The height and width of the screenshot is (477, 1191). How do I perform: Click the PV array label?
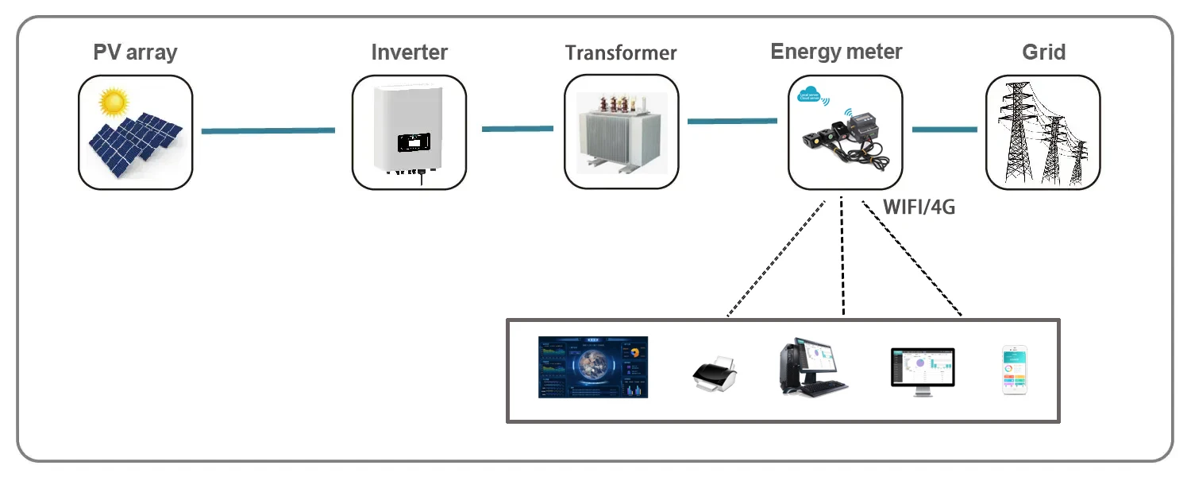click(135, 52)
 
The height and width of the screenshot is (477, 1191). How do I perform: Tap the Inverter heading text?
click(409, 52)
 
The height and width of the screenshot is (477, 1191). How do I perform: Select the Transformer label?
click(621, 53)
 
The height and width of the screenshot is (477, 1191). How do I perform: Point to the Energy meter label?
click(836, 52)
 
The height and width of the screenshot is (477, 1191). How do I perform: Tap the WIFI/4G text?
click(919, 208)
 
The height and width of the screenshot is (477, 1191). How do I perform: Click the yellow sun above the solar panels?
click(114, 101)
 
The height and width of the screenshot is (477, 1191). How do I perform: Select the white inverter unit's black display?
click(413, 142)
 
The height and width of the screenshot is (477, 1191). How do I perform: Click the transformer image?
click(622, 131)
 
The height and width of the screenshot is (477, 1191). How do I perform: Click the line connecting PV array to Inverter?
click(268, 130)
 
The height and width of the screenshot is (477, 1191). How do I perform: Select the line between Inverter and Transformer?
click(517, 128)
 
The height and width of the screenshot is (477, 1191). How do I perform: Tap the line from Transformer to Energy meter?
click(732, 121)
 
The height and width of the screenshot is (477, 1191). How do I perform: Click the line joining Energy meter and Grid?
click(944, 129)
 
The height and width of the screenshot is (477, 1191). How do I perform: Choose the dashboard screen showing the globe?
click(592, 367)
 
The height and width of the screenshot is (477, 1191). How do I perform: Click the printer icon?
click(715, 373)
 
